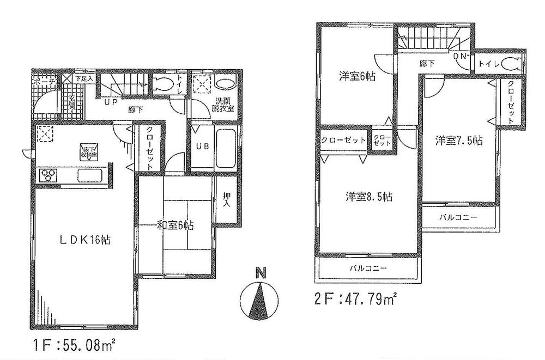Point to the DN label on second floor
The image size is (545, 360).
pyautogui.click(x=459, y=56)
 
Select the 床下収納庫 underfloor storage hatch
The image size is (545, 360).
pyautogui.click(x=87, y=150)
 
